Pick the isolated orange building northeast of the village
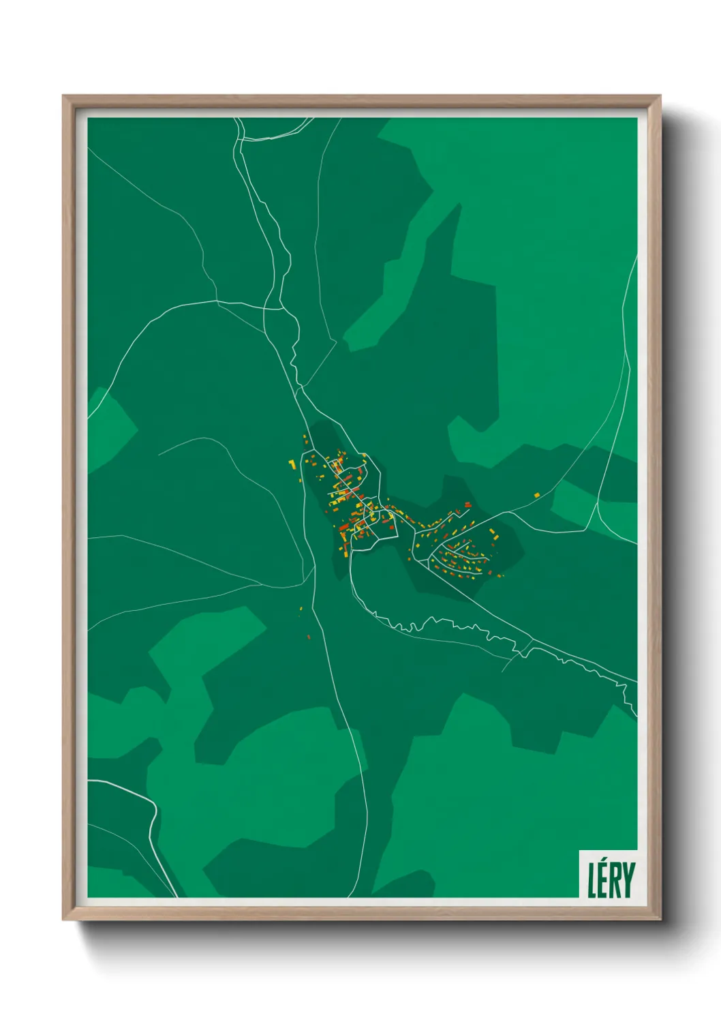tap(537, 495)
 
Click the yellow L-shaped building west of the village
tap(292, 464)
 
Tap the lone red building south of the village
tap(308, 637)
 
